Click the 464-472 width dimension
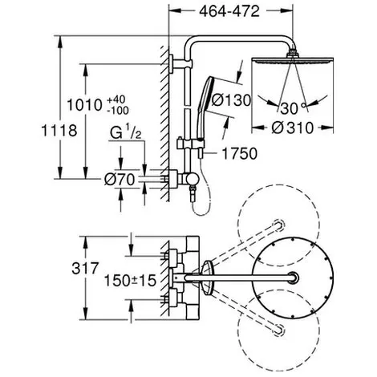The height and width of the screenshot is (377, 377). [x=229, y=11]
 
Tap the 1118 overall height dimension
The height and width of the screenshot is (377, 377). [x=59, y=131]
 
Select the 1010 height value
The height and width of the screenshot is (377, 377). [x=84, y=105]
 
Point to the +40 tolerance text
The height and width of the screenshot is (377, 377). [x=116, y=99]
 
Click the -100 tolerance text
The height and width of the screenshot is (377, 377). [x=118, y=110]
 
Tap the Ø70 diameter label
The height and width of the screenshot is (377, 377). [x=120, y=179]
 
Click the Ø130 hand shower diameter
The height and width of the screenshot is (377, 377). [x=231, y=100]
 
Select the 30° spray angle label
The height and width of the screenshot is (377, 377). [x=293, y=108]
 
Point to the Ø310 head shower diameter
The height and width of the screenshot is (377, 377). [x=292, y=128]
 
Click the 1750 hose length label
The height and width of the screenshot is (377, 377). [x=240, y=154]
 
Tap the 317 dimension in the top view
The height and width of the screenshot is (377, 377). [x=85, y=268]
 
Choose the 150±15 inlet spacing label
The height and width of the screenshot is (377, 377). [x=130, y=281]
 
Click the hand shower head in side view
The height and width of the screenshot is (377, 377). [x=206, y=107]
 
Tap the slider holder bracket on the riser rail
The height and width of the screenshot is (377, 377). [x=190, y=144]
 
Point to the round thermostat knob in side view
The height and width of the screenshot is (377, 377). [x=192, y=180]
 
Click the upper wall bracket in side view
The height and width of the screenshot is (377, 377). [x=180, y=63]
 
